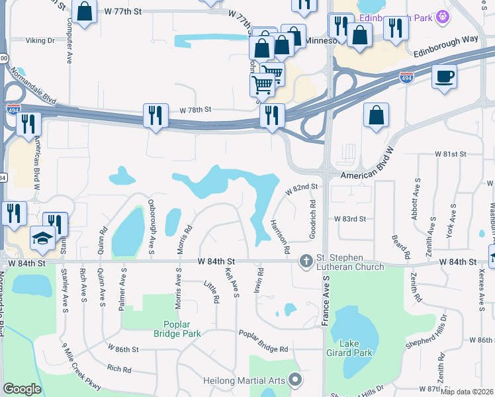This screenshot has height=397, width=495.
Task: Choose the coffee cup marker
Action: (444, 76)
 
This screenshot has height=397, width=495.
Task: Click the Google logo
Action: (22, 389)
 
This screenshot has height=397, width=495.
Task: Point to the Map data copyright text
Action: (467, 392)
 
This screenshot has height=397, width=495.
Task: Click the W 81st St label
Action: (451, 154)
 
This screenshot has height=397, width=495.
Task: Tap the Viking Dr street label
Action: (40, 40)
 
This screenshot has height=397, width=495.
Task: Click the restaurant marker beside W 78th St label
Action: (153, 115)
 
